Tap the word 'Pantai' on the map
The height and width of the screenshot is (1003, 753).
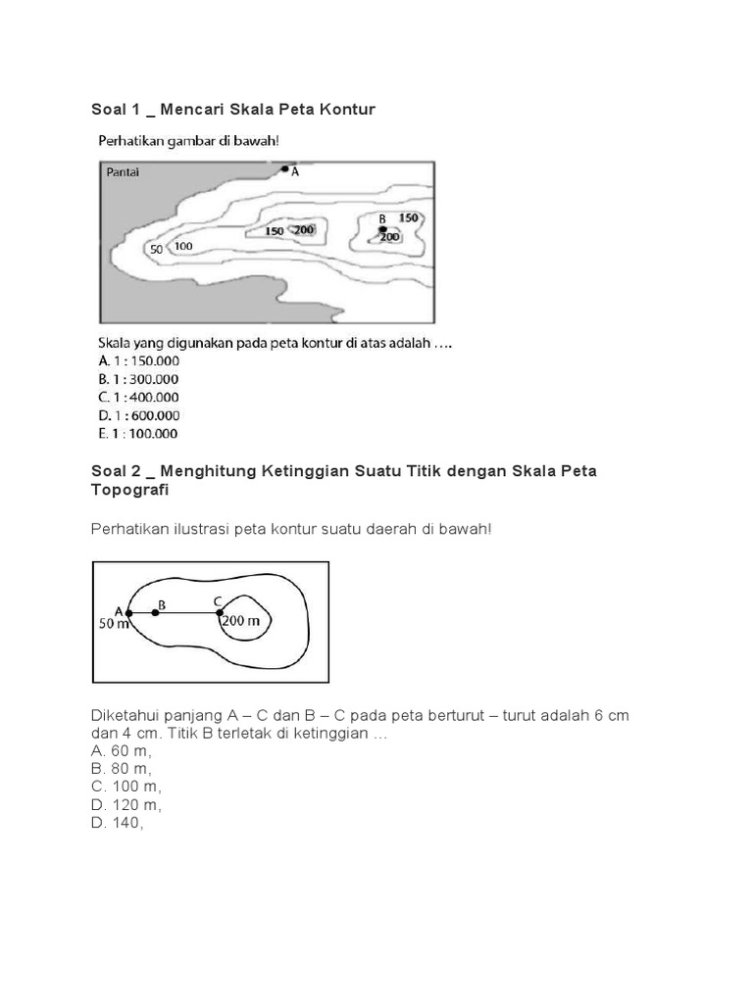tap(123, 172)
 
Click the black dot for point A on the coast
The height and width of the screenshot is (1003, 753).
tap(285, 169)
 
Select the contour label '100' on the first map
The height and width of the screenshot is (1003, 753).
tap(183, 246)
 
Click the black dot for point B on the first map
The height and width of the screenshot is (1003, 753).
tap(382, 229)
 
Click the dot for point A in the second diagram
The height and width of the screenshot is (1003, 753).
tap(129, 613)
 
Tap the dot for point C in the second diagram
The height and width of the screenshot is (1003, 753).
tap(220, 613)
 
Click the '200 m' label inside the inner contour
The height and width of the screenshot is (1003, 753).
tap(241, 620)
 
